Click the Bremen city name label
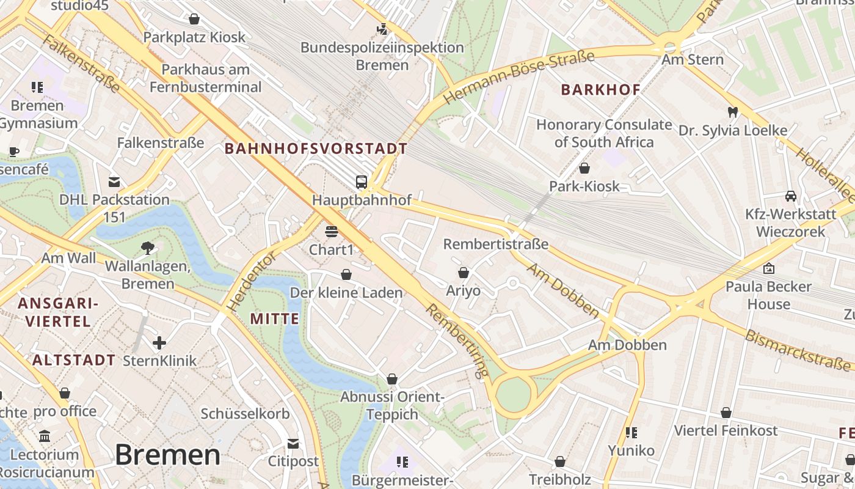pyautogui.click(x=167, y=455)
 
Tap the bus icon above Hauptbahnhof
pyautogui.click(x=362, y=182)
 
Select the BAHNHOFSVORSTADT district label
pyautogui.click(x=316, y=149)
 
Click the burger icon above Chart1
pyautogui.click(x=332, y=232)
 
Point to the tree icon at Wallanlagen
pyautogui.click(x=147, y=248)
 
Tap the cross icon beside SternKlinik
pyautogui.click(x=159, y=342)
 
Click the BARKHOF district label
pyautogui.click(x=600, y=90)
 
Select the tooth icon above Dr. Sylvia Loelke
pyautogui.click(x=733, y=112)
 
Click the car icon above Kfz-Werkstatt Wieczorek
pyautogui.click(x=791, y=196)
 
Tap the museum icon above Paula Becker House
pyautogui.click(x=768, y=268)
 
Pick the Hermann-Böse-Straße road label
pyautogui.click(x=518, y=78)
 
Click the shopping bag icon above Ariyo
pyautogui.click(x=464, y=272)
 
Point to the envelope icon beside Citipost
pyautogui.click(x=293, y=443)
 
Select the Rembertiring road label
pyautogui.click(x=458, y=339)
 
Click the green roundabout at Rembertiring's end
pyautogui.click(x=514, y=395)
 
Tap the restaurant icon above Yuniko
pyautogui.click(x=631, y=433)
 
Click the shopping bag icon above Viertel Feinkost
pyautogui.click(x=726, y=413)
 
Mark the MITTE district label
pyautogui.click(x=275, y=318)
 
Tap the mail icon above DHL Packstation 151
pyautogui.click(x=114, y=182)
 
